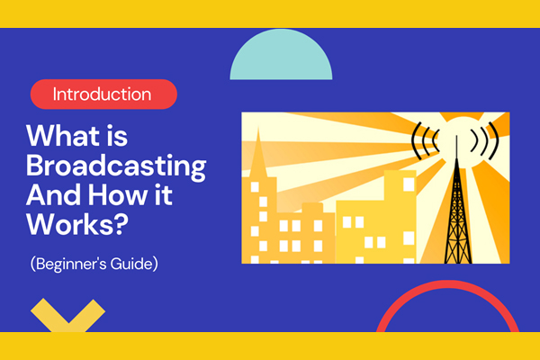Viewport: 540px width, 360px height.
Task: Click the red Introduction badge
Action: pos(103,94)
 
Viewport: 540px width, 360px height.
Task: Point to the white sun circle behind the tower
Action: pos(454,135)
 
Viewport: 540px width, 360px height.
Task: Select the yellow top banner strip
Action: pos(270,13)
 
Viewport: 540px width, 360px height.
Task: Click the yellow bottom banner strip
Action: pos(270,346)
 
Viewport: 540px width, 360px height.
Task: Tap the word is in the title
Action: pos(119,138)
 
